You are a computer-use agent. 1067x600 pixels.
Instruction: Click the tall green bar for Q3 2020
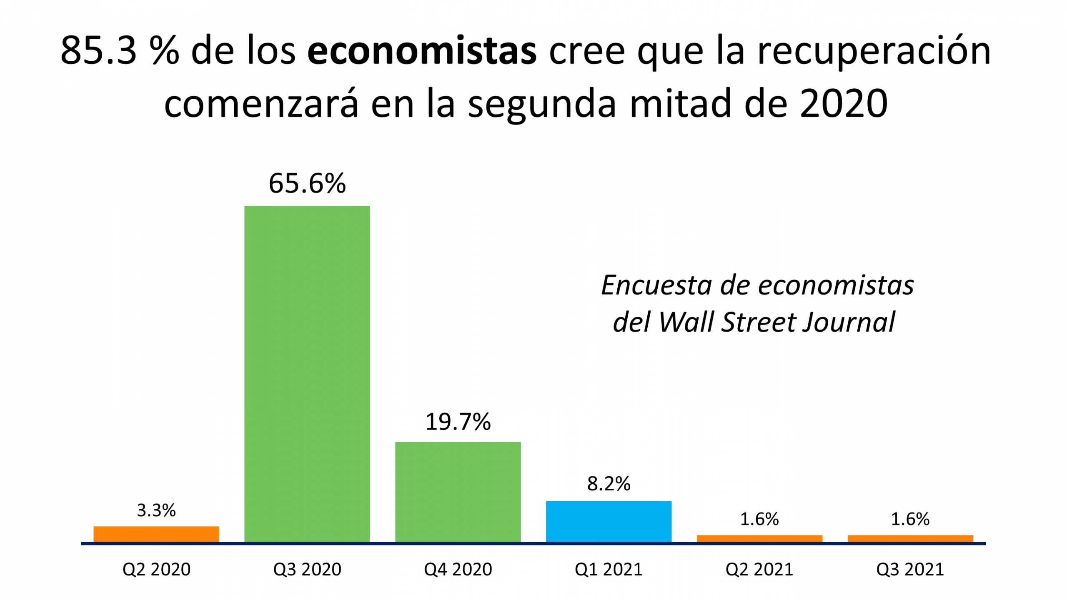307,374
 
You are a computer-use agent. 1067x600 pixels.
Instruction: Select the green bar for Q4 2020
458,492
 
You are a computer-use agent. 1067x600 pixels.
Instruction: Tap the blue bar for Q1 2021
609,521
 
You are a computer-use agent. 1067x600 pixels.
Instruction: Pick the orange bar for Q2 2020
156,534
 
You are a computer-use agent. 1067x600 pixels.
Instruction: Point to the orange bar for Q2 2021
759,538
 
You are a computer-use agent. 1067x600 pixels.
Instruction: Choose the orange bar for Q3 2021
910,538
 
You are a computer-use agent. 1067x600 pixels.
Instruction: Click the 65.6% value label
307,183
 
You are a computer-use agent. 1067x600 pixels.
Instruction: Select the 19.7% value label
458,422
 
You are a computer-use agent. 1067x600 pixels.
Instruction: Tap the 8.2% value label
609,483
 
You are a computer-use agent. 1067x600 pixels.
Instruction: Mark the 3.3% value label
156,510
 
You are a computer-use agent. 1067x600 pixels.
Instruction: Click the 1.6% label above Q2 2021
759,519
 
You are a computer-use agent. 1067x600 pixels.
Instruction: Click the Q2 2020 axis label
156,569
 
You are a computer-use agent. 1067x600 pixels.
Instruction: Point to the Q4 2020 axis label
458,569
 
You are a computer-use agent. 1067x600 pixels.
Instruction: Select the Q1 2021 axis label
609,569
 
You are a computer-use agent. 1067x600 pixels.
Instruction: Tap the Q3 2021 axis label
910,569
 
